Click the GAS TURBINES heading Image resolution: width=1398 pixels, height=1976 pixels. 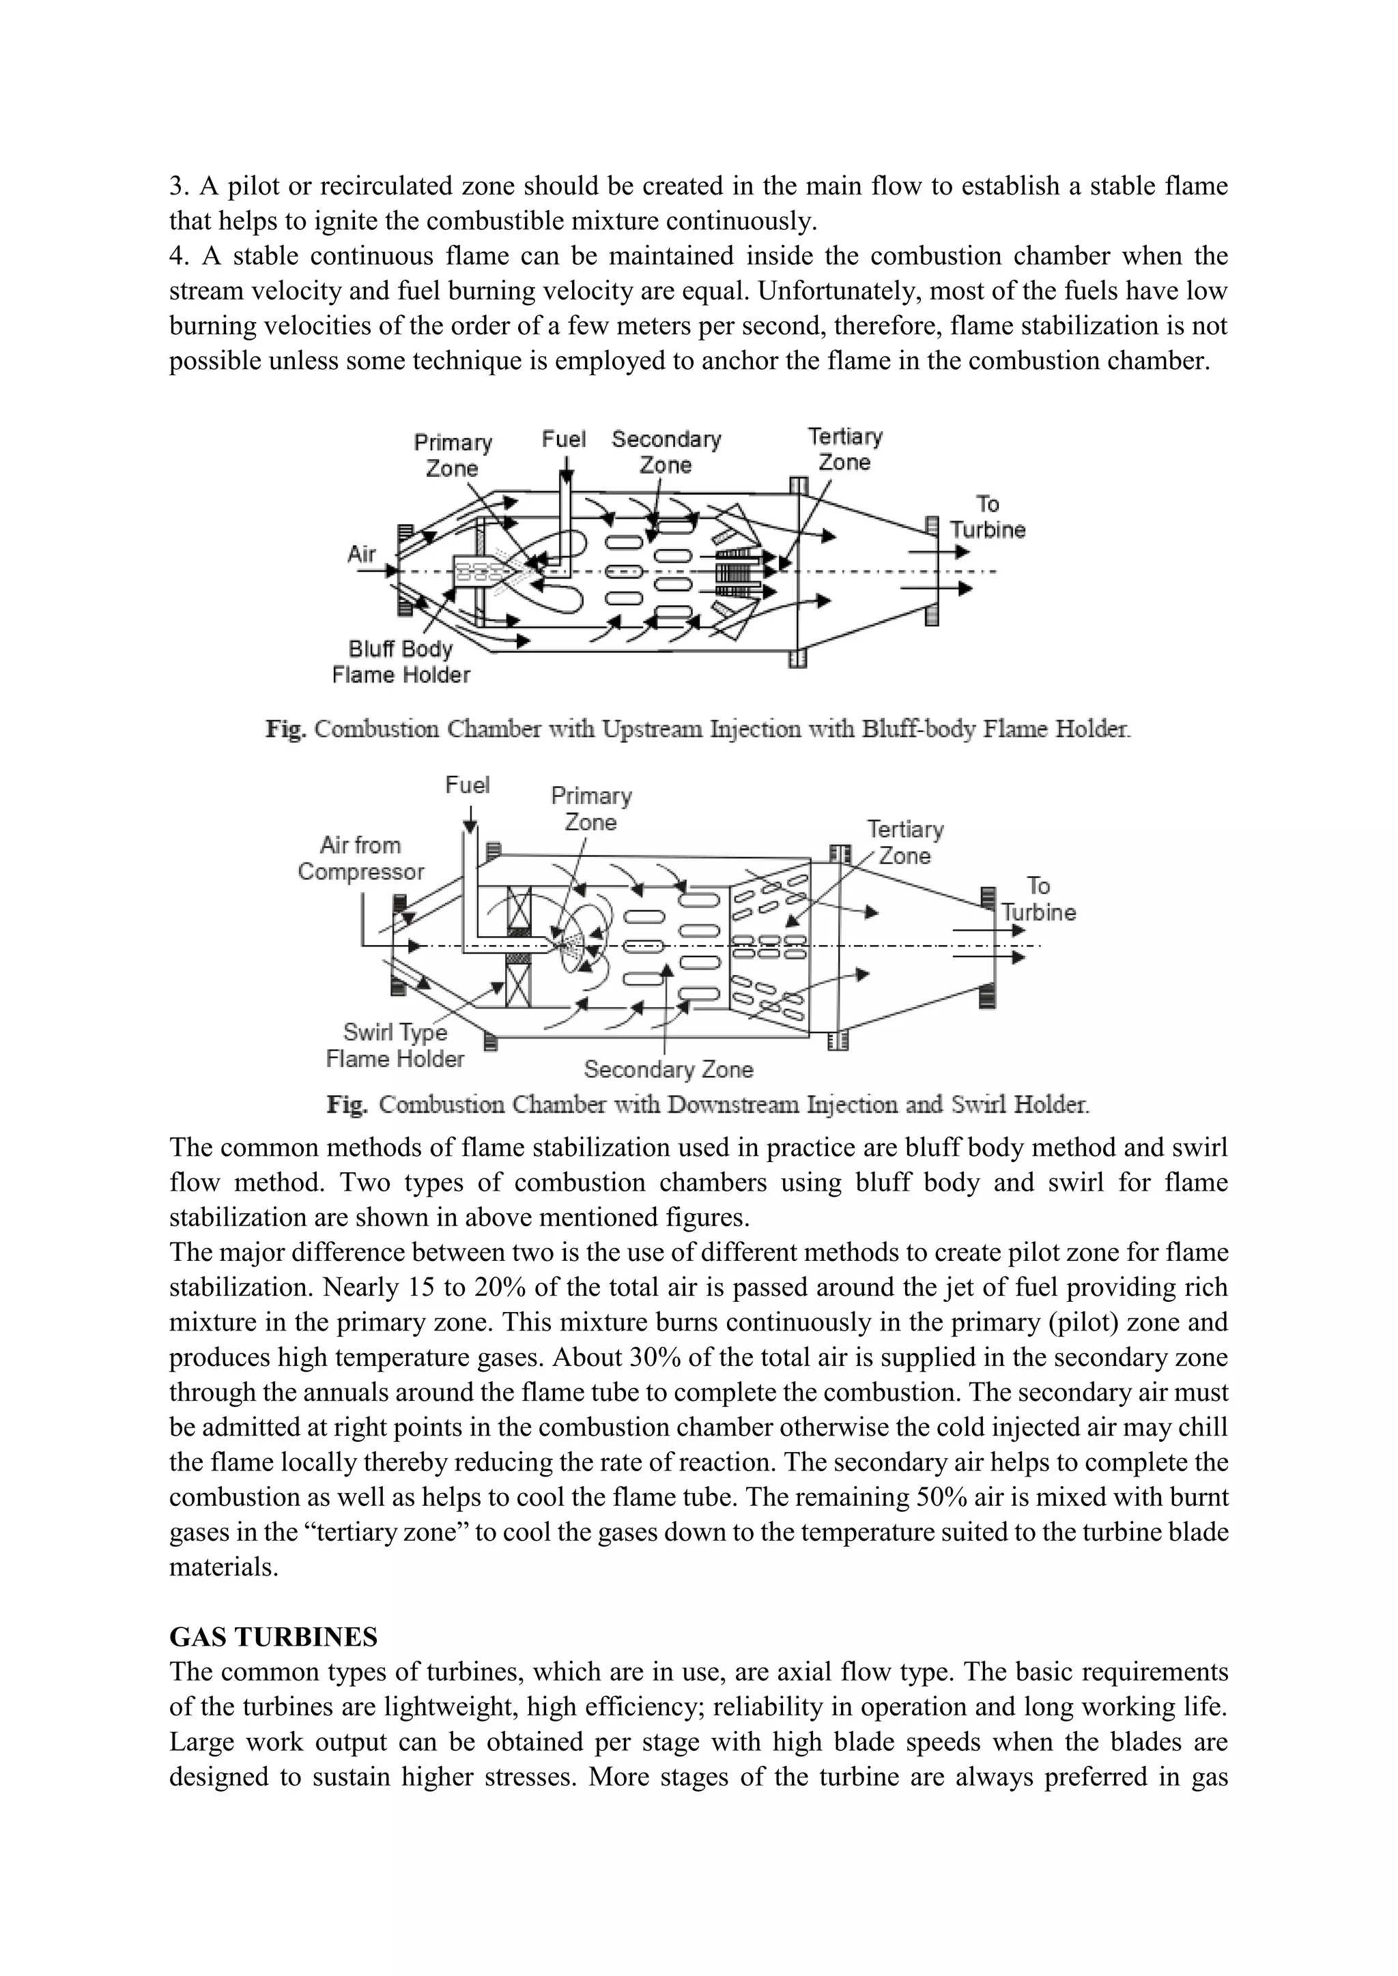[x=273, y=1636]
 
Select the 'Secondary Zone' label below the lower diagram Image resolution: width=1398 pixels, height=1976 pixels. [x=668, y=1069]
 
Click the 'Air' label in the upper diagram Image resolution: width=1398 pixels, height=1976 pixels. [x=362, y=553]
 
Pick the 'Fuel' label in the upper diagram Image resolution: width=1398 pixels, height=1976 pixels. [x=564, y=440]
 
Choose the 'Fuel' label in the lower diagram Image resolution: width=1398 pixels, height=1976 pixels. [x=468, y=785]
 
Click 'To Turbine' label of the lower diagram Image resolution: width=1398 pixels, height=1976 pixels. [x=1038, y=899]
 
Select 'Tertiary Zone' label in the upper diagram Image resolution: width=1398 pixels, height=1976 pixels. [x=845, y=449]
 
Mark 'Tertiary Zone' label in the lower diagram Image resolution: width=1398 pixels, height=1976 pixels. [x=904, y=843]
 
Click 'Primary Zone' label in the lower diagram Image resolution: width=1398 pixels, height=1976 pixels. [x=591, y=809]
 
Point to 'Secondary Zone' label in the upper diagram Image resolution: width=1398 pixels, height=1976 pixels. [x=666, y=452]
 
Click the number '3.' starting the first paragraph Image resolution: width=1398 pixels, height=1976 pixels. [x=178, y=186]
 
